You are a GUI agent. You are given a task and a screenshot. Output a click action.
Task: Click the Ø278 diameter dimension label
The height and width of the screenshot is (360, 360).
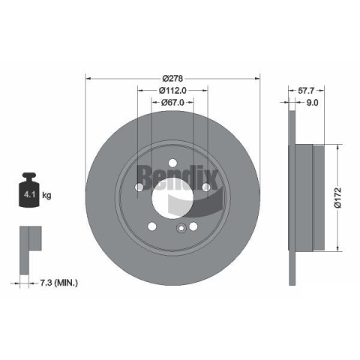tap(172, 79)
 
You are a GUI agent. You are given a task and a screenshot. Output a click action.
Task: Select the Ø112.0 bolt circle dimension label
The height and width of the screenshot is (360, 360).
tap(172, 90)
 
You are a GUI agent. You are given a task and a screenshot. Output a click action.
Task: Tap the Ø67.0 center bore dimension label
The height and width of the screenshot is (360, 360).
tap(172, 102)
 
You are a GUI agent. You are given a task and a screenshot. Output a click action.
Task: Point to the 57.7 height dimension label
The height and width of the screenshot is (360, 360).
tap(306, 90)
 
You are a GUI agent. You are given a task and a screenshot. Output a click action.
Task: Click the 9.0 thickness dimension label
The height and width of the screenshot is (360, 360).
tap(313, 103)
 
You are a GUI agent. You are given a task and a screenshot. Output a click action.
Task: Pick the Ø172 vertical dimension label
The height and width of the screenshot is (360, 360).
tap(338, 197)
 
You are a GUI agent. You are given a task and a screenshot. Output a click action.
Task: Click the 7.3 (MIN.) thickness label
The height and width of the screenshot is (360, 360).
tap(59, 283)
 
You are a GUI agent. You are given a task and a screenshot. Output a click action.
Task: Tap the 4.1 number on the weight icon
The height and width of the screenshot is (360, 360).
tap(29, 194)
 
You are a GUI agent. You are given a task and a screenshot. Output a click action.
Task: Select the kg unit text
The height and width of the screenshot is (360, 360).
tap(46, 195)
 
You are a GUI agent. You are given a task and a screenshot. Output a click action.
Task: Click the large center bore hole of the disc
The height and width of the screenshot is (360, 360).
tap(172, 198)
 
